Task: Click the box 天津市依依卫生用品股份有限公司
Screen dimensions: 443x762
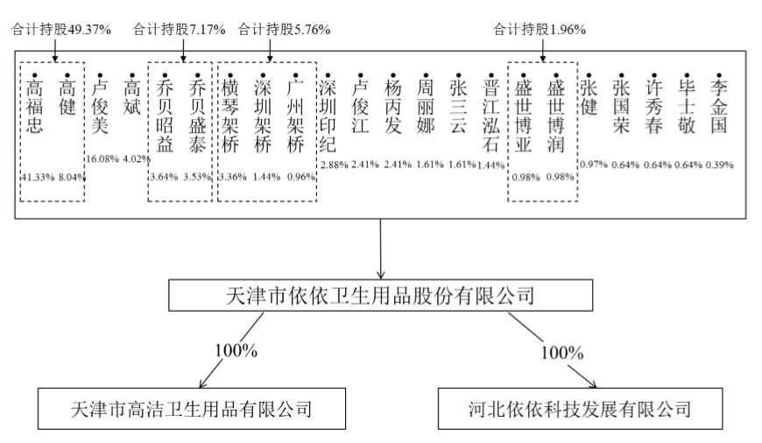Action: coord(380,295)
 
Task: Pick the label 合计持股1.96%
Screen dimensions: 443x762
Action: coord(540,29)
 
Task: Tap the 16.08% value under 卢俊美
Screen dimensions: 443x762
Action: coord(101,158)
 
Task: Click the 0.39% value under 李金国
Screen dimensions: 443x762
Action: coord(719,165)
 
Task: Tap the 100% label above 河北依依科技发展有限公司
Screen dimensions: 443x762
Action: coord(562,353)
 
